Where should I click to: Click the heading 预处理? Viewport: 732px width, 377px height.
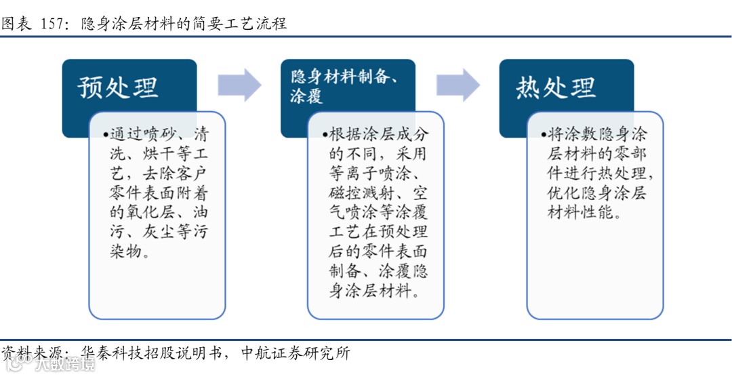[118, 87]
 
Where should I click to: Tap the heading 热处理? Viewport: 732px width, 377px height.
[556, 87]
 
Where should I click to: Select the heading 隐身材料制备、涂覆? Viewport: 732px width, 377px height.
[344, 85]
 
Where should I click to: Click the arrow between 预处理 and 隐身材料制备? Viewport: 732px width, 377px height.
[239, 85]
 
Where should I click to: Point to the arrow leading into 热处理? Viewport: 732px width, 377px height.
[457, 85]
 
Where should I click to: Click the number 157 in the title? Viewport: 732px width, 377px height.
[53, 24]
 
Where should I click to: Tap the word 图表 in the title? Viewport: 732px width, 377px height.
[17, 24]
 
